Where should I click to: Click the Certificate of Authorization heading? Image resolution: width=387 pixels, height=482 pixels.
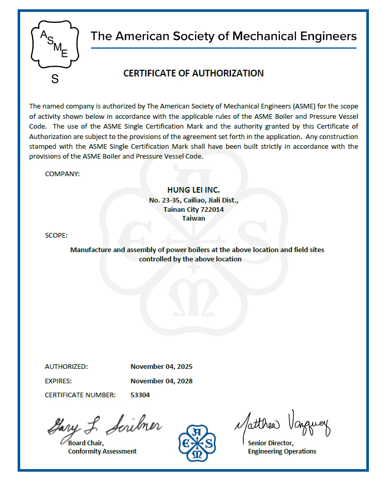pyautogui.click(x=193, y=73)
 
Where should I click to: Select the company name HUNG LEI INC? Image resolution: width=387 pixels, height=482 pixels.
pyautogui.click(x=193, y=190)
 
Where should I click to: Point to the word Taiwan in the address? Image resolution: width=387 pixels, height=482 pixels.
pyautogui.click(x=193, y=218)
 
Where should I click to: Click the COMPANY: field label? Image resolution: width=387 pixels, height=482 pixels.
pyautogui.click(x=63, y=174)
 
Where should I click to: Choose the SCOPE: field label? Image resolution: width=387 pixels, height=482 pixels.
pyautogui.click(x=56, y=236)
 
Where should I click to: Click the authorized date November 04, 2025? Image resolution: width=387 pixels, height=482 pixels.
pyautogui.click(x=161, y=367)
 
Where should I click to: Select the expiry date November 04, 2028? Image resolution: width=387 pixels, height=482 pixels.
pyautogui.click(x=161, y=381)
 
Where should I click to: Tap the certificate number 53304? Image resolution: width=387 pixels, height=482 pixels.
pyautogui.click(x=140, y=395)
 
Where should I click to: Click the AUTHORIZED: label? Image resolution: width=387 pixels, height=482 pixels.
pyautogui.click(x=66, y=367)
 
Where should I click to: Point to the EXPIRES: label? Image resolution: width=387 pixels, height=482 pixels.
pyautogui.click(x=58, y=381)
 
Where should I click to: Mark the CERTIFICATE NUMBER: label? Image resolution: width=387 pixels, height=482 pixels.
pyautogui.click(x=80, y=395)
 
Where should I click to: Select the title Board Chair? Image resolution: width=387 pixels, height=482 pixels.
pyautogui.click(x=86, y=443)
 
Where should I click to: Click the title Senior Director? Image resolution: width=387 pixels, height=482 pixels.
pyautogui.click(x=271, y=443)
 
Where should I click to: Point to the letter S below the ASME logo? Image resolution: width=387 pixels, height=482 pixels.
pyautogui.click(x=55, y=79)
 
